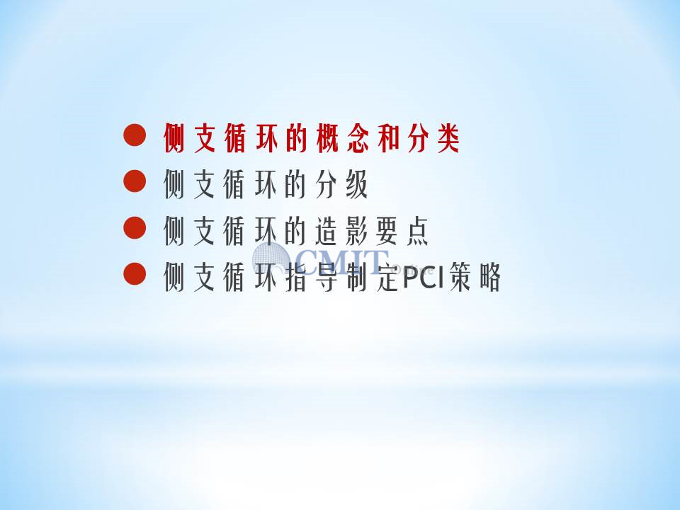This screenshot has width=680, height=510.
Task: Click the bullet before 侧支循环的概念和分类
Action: pos(135,135)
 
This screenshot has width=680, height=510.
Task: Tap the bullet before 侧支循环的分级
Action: pos(135,181)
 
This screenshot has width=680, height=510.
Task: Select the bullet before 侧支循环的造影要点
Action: pos(135,227)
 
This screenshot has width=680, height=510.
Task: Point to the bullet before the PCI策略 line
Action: pos(135,273)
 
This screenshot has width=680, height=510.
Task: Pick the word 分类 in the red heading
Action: pos(433,138)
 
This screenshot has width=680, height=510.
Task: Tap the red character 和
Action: pos(388,138)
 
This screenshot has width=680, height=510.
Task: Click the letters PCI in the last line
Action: pos(424,276)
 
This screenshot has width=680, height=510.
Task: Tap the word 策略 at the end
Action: pos(475,277)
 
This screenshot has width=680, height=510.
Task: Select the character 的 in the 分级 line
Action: pos(297,184)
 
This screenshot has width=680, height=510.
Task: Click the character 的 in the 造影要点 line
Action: pos(297,231)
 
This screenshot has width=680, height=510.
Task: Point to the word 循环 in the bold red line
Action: pos(251,138)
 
